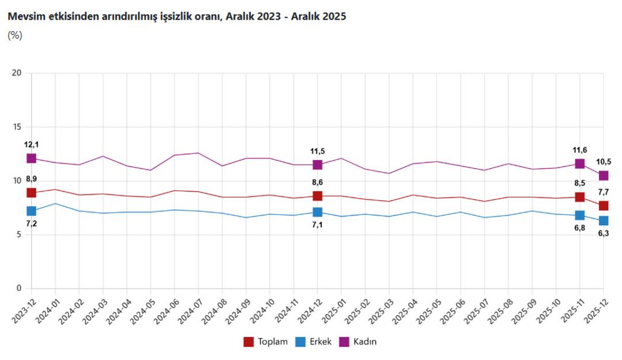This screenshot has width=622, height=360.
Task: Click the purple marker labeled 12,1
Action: (31, 158)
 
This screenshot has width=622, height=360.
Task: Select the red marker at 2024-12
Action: (317, 196)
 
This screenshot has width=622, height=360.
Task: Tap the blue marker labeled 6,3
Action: (603, 221)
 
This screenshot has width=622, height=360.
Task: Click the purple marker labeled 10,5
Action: (603, 176)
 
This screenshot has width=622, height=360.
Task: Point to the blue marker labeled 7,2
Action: (31, 211)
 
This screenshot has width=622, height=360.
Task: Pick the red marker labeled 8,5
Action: (579, 197)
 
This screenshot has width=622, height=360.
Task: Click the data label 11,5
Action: (317, 151)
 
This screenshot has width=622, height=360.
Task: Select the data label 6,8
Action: (579, 228)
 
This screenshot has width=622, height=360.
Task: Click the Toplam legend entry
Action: (266, 342)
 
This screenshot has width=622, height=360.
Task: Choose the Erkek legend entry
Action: (314, 342)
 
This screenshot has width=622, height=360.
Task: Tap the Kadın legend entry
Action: (359, 342)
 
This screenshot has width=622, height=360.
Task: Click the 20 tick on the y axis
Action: (17, 73)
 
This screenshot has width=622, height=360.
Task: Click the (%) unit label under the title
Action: (15, 35)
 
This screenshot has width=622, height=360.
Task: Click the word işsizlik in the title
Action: (175, 17)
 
